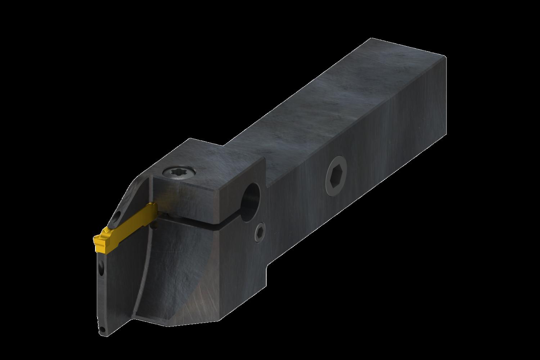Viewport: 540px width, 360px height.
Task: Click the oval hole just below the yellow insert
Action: pos(102,267)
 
